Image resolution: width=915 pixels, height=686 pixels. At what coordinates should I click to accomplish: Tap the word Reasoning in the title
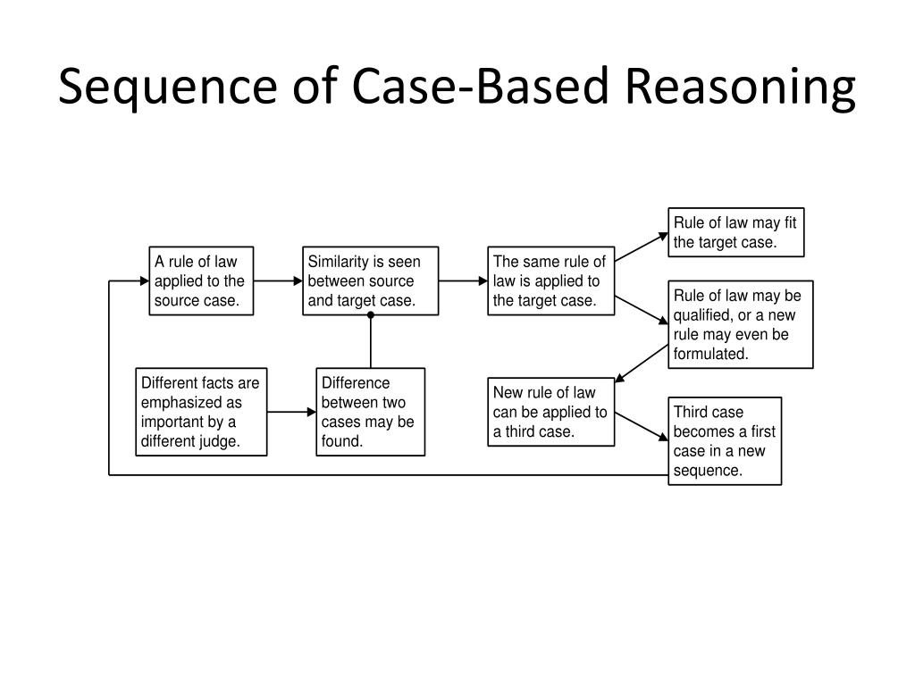(740, 88)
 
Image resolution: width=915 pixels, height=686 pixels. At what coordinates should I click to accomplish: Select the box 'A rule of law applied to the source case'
(201, 280)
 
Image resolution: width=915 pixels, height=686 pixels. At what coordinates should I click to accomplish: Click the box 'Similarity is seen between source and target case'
(371, 280)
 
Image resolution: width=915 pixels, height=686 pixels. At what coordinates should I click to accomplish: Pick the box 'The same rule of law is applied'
(550, 280)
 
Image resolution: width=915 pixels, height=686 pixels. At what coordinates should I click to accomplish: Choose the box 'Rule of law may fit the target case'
(736, 232)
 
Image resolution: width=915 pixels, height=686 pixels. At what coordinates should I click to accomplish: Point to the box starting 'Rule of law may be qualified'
(741, 324)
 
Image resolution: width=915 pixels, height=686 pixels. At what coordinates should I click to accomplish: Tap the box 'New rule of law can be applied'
(550, 412)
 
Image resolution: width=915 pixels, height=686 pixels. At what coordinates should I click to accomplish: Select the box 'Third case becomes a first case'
(725, 441)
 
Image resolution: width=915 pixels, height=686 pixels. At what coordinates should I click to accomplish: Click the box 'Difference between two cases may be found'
(371, 412)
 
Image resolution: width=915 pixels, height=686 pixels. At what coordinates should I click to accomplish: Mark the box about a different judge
(201, 412)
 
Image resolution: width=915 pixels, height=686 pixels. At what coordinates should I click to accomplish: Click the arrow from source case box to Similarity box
(278, 280)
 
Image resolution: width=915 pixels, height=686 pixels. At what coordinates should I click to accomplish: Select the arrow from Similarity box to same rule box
(463, 280)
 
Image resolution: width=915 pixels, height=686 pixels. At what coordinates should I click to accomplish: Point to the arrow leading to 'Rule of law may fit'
(642, 247)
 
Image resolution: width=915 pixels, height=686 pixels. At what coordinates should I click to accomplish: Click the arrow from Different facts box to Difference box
(291, 412)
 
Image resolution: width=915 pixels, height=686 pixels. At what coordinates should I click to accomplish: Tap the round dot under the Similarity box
(371, 315)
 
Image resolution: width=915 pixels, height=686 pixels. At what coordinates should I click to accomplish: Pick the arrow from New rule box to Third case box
(642, 427)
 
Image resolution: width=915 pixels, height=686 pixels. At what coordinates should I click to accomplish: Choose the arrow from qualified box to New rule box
(642, 364)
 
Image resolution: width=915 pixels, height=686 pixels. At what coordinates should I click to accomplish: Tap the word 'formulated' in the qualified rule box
(710, 354)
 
